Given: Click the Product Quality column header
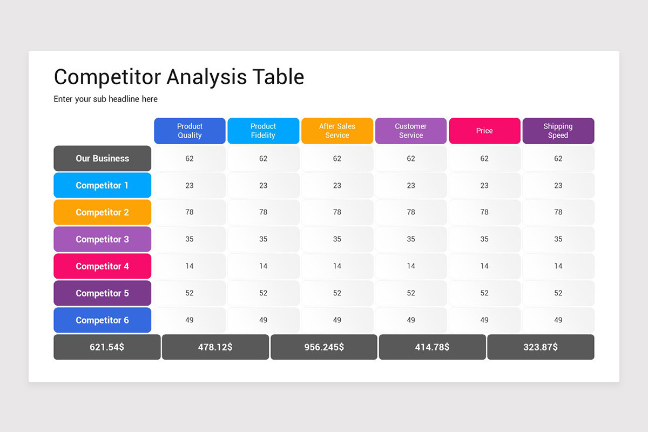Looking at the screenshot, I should click(x=190, y=131).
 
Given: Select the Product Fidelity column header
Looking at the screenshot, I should click(x=263, y=131).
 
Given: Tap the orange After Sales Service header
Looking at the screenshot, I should click(x=337, y=131).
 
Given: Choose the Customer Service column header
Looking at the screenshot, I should click(x=411, y=131).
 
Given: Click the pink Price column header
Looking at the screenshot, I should click(x=484, y=131).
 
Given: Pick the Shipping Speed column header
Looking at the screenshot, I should click(x=558, y=131).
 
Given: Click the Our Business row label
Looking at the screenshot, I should click(x=102, y=158).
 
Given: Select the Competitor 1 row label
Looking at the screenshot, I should click(x=102, y=185).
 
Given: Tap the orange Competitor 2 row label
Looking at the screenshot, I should click(x=102, y=212).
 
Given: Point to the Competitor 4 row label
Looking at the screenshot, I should click(x=102, y=266).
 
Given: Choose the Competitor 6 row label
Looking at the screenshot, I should click(x=102, y=320).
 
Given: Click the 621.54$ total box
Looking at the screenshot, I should click(x=107, y=347).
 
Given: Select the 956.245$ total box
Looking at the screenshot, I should click(x=324, y=347).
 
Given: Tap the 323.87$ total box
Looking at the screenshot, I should click(x=541, y=347).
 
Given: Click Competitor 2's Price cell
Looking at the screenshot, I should click(x=484, y=212).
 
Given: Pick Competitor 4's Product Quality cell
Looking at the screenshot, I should click(x=190, y=266).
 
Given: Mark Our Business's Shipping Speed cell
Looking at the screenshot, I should click(x=558, y=158).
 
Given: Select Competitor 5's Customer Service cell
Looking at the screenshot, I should click(x=411, y=293).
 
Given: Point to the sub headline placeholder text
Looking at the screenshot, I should click(x=106, y=99).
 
